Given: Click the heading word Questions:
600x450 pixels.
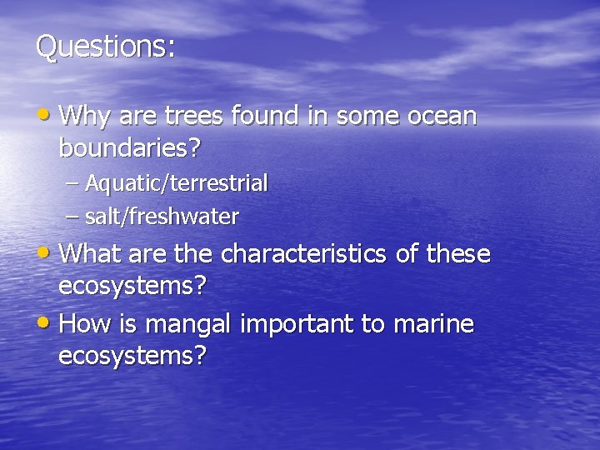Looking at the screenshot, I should [x=105, y=47].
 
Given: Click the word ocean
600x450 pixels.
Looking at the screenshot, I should [x=442, y=116].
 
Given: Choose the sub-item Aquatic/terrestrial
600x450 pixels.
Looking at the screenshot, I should [x=176, y=183].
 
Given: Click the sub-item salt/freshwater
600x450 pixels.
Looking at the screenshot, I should [x=162, y=217].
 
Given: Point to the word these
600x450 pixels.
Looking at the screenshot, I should [x=457, y=253].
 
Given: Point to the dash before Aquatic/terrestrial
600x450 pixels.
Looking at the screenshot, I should [x=72, y=183].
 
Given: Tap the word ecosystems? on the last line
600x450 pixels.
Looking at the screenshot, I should [x=132, y=357].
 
